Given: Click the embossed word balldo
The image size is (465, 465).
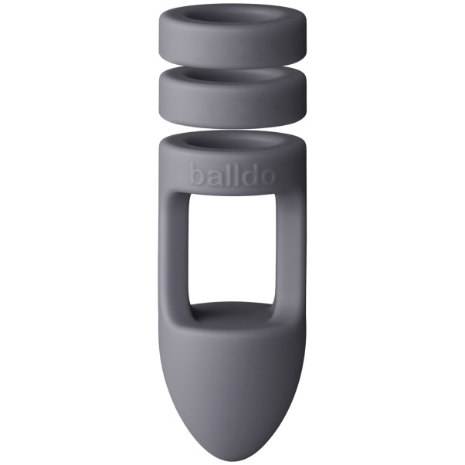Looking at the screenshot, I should (x=232, y=175).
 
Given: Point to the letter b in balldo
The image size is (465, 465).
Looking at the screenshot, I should (x=196, y=175).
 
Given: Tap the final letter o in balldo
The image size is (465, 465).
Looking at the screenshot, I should (x=266, y=176).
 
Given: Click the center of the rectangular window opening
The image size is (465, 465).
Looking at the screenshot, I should (x=232, y=247).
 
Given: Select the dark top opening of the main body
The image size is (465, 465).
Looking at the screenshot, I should (x=232, y=142).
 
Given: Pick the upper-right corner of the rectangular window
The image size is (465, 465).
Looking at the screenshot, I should (x=273, y=195).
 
